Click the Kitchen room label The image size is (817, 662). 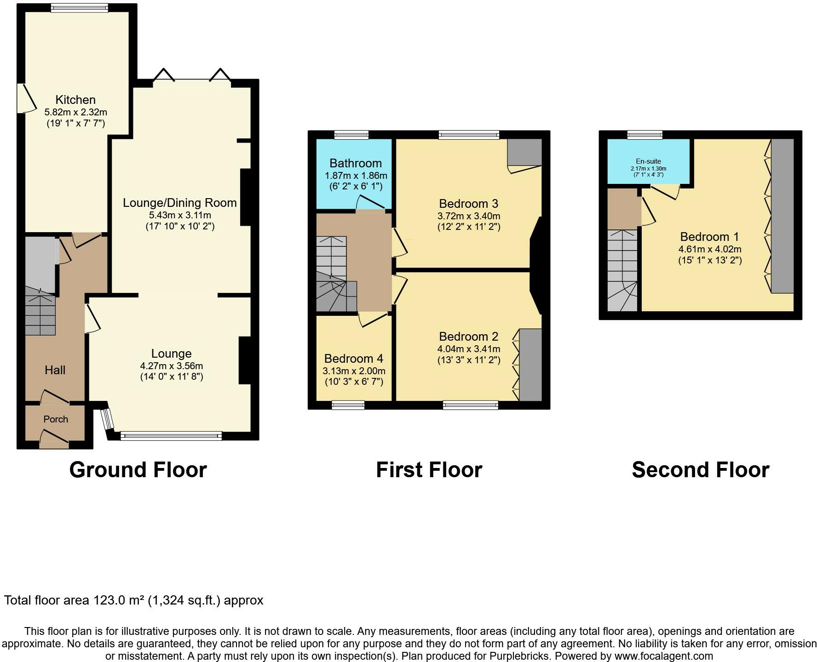click(75, 100)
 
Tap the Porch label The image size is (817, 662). click(56, 419)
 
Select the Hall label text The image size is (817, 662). click(55, 370)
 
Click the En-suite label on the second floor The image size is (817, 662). click(648, 161)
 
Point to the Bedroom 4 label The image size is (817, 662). click(353, 359)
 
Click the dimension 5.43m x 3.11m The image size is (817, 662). click(180, 215)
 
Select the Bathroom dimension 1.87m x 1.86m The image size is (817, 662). click(356, 176)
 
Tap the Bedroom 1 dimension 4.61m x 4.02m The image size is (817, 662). click(710, 250)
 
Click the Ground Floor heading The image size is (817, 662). click(138, 470)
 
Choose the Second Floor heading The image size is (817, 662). click(700, 470)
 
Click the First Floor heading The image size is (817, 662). click(429, 470)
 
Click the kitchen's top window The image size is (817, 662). click(79, 7)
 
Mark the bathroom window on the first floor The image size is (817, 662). click(351, 135)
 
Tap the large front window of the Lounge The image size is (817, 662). click(171, 436)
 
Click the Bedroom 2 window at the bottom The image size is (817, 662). click(471, 405)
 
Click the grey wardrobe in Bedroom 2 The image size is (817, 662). click(530, 365)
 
